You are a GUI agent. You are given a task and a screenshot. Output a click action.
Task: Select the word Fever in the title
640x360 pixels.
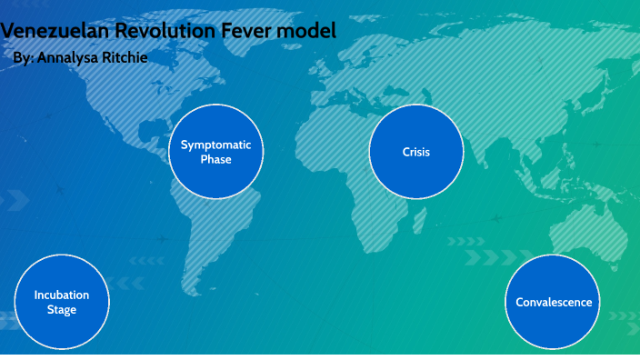point(250,31)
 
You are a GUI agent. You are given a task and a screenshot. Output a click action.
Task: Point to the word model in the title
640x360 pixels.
point(310,31)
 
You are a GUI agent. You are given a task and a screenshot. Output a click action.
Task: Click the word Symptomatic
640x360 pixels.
point(215,145)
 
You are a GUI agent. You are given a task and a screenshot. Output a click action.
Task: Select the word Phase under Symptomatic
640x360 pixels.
point(215,160)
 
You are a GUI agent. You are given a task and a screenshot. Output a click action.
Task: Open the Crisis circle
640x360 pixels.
point(415,152)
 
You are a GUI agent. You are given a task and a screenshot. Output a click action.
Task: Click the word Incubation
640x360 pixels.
point(62,295)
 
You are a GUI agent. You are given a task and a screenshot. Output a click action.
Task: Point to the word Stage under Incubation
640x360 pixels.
point(62,310)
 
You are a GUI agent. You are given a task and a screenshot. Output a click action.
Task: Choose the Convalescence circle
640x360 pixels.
point(554,302)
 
